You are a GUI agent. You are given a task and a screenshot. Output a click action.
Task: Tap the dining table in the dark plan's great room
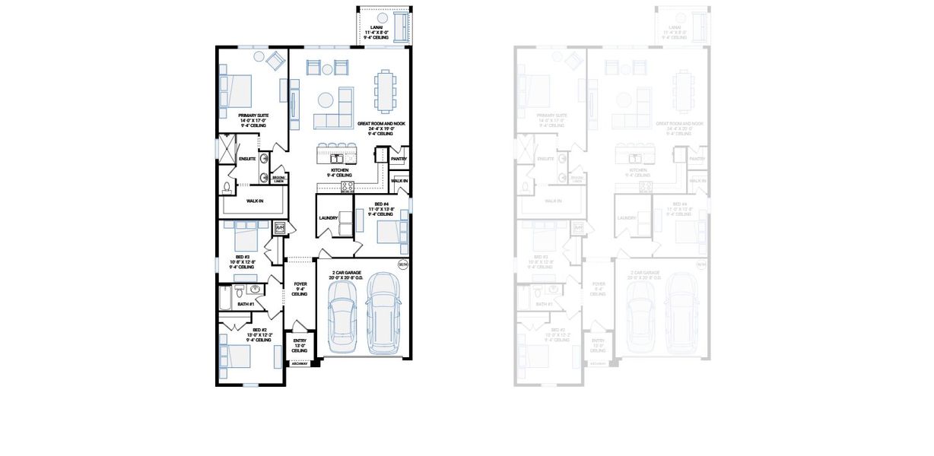pyautogui.click(x=386, y=88)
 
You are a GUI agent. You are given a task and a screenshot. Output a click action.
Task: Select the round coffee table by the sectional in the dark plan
pyautogui.click(x=327, y=99)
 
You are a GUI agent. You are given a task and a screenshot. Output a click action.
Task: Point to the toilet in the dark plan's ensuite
pyautogui.click(x=227, y=188)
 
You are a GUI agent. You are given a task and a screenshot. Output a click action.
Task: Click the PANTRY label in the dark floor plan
pyautogui.click(x=399, y=159)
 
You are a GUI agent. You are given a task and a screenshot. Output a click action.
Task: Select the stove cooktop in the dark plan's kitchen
pyautogui.click(x=347, y=186)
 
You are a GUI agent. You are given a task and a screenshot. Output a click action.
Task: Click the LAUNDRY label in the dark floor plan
pyautogui.click(x=329, y=218)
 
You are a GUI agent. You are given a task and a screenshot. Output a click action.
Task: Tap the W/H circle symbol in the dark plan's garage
pyautogui.click(x=402, y=265)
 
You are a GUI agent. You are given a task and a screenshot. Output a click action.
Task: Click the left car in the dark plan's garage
pyautogui.click(x=340, y=319)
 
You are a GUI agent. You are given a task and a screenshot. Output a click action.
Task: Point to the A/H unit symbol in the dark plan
pyautogui.click(x=279, y=227)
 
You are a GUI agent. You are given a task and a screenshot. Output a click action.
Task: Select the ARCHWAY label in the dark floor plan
pyautogui.click(x=300, y=364)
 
